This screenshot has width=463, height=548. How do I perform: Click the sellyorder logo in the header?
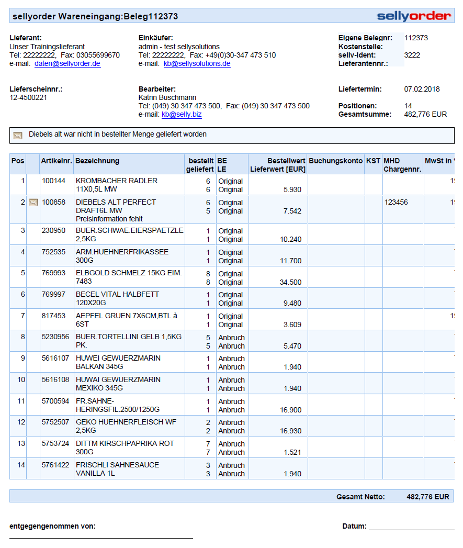[x=413, y=16]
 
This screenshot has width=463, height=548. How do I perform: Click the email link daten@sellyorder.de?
[x=67, y=64]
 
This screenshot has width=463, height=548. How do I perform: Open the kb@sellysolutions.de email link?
[x=197, y=64]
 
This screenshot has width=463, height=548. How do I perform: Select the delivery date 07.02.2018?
[x=422, y=90]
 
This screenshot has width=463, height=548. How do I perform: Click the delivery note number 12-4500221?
[x=28, y=98]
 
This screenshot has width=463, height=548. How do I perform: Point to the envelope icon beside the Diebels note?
[x=18, y=136]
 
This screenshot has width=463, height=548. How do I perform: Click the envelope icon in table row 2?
[x=33, y=203]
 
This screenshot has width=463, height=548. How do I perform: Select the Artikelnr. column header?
[x=57, y=161]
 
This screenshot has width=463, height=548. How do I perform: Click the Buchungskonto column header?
[x=335, y=161]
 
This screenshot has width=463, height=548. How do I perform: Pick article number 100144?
[x=53, y=181]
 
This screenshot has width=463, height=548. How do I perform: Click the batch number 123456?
[x=396, y=203]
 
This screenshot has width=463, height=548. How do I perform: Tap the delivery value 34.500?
[x=290, y=283]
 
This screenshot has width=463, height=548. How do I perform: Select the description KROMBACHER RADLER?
[x=117, y=181]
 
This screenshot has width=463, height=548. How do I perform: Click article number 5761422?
[x=55, y=465]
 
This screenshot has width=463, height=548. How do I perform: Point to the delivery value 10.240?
[x=290, y=240]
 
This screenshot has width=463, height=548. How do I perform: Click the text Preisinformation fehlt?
[x=109, y=219]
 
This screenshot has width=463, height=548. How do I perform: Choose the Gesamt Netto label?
[x=360, y=497]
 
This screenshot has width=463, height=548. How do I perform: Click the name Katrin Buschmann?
[x=167, y=98]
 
